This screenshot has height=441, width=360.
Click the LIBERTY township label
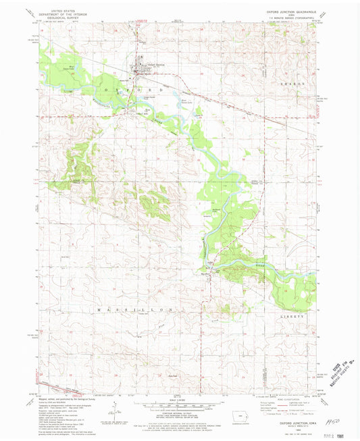point(294,315)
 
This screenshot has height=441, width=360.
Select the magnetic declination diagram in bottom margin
point(115,412)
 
